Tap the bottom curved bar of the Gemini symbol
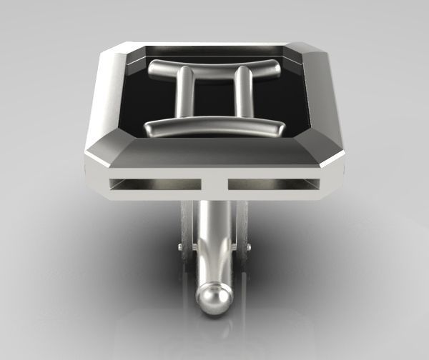point(214,126)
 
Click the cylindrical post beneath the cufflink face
point(212,236)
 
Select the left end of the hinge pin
point(180,248)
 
